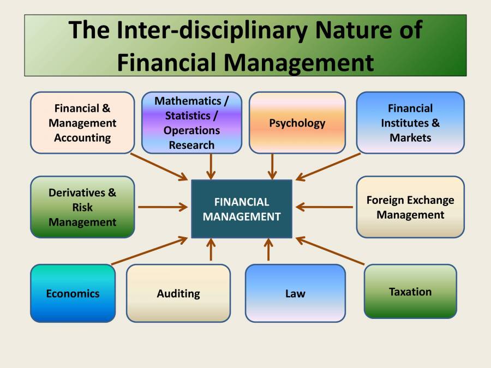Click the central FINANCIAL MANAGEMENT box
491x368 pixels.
pos(241,209)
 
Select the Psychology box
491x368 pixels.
pos(297,123)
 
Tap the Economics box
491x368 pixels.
pos(73,293)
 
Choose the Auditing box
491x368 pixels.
pos(178,293)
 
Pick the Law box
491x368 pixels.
pos(295,293)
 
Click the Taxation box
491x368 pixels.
pos(410,292)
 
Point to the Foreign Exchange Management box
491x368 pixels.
pos(410,207)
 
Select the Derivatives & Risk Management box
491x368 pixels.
pos(82,207)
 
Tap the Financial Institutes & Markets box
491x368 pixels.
pos(410,123)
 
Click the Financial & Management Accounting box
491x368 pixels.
pos(82,123)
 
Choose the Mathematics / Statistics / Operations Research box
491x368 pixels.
pos(191,123)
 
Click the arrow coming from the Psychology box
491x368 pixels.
pos(272,166)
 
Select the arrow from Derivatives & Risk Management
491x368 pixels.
pos(163,207)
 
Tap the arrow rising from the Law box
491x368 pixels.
pos(268,250)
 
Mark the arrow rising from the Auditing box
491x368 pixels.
pos(211,250)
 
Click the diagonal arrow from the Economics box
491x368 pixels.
pos(150,251)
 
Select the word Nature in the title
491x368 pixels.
pos(355,30)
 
